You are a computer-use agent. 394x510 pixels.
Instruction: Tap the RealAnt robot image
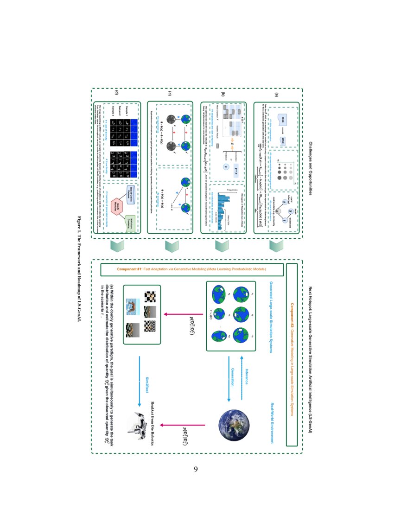[143, 424]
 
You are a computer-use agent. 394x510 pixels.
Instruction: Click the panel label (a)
[277, 95]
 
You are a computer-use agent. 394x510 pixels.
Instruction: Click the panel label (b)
[223, 95]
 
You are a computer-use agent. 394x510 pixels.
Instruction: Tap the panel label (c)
[170, 95]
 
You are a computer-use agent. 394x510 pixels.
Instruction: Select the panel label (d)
[116, 95]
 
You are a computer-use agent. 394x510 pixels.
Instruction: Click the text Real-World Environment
[272, 422]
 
